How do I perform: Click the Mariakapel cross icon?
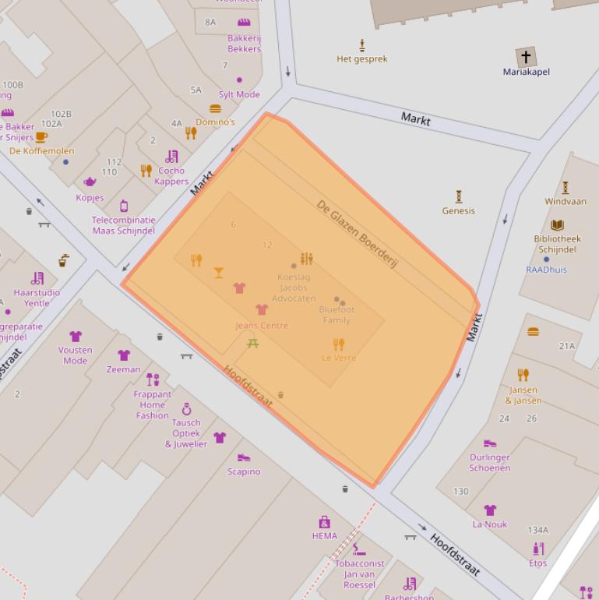coord(526,57)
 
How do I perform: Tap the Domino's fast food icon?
coord(215,109)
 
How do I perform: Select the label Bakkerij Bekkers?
coord(244,44)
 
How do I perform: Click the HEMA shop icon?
coord(325,522)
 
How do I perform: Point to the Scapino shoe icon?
coord(244,458)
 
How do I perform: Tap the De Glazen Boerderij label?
coord(358,234)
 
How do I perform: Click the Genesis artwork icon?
coord(459,197)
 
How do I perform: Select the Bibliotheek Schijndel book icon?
coord(557,225)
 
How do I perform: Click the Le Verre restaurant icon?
coord(338,344)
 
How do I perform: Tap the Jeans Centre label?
coord(262,326)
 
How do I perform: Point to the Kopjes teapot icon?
coord(90,182)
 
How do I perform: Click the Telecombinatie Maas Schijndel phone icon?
coord(123,206)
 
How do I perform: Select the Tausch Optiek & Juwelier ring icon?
coord(186,409)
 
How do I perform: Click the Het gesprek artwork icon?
coord(361,45)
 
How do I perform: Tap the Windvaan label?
coord(566,201)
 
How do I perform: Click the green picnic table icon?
coord(252,343)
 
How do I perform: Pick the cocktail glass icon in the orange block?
coord(219,273)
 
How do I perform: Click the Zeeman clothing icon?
coord(124,355)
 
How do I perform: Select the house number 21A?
coord(566,346)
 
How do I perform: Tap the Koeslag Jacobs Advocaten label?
coord(297,288)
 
